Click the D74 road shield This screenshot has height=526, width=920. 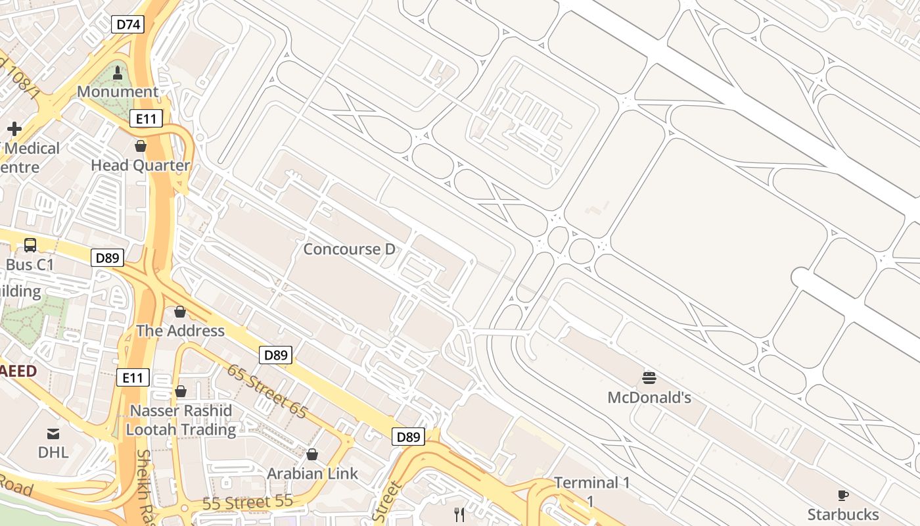[x=127, y=25]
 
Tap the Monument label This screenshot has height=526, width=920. [x=118, y=91]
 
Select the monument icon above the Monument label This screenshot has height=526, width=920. [x=118, y=73]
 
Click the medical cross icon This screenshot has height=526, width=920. [x=14, y=128]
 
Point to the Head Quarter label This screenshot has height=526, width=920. [x=141, y=165]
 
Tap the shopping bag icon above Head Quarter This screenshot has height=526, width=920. [x=140, y=146]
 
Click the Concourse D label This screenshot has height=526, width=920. [x=350, y=249]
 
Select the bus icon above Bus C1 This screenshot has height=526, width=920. [x=30, y=245]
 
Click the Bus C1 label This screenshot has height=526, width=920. [x=30, y=265]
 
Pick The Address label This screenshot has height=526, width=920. [x=180, y=331]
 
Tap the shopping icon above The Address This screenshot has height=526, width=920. [x=180, y=312]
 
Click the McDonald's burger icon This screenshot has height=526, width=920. [x=649, y=378]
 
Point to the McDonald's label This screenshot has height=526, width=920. [x=649, y=398]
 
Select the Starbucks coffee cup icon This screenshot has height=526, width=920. [x=843, y=495]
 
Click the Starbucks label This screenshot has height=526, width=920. [x=843, y=514]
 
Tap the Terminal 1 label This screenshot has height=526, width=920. [x=592, y=483]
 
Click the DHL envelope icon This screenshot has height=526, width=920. [x=53, y=433]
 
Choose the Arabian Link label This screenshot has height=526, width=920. [x=313, y=473]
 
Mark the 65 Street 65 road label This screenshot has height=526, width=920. [x=267, y=391]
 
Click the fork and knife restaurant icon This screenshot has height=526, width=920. [x=460, y=514]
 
